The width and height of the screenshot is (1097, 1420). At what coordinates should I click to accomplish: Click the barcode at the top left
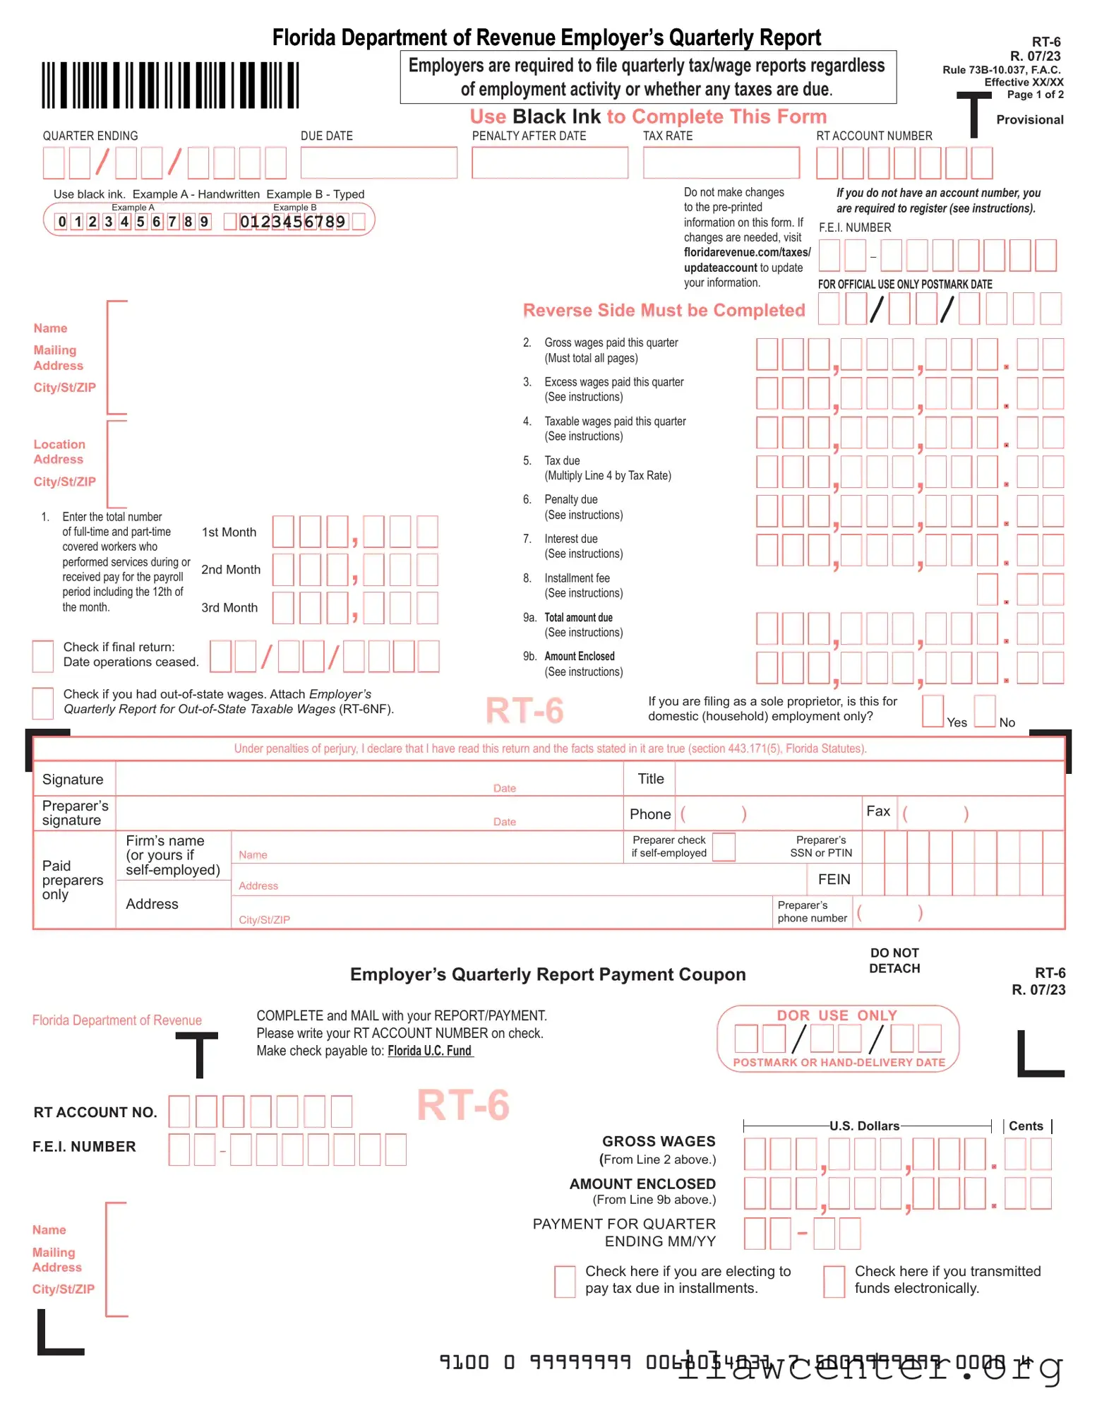point(170,85)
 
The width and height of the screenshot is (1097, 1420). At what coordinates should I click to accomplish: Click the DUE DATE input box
point(378,162)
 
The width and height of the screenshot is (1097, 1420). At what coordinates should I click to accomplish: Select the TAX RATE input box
point(721,162)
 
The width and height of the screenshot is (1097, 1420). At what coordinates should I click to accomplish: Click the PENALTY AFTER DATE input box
point(550,162)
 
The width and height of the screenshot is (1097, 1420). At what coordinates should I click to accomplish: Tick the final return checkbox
point(43,656)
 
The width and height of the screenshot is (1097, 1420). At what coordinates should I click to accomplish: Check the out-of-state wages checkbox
point(43,703)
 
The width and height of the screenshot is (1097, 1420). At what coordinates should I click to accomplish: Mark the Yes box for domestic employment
point(933,710)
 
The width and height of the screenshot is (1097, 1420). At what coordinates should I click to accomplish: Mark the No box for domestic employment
point(985,710)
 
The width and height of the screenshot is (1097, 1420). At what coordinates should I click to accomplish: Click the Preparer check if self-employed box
point(724,847)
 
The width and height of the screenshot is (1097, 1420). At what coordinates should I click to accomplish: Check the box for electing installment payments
point(565,1281)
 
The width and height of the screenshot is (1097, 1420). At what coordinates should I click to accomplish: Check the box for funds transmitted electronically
point(834,1281)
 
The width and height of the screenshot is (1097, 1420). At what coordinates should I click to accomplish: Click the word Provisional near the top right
point(1029,120)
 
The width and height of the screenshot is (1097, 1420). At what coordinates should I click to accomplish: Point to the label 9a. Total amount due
point(577,618)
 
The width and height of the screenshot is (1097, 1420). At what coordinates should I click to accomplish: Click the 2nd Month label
point(231,570)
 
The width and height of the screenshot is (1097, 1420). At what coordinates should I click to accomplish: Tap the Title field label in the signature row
point(650,779)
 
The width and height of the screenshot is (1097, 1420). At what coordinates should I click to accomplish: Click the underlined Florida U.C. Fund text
point(430,1051)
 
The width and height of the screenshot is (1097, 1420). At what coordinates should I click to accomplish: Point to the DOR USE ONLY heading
point(837,1015)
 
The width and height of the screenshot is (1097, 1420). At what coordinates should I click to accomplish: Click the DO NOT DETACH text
point(894,961)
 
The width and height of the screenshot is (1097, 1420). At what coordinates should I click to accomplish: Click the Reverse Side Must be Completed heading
point(664,311)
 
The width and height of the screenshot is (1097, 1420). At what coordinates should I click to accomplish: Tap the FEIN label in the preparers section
point(834,879)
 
